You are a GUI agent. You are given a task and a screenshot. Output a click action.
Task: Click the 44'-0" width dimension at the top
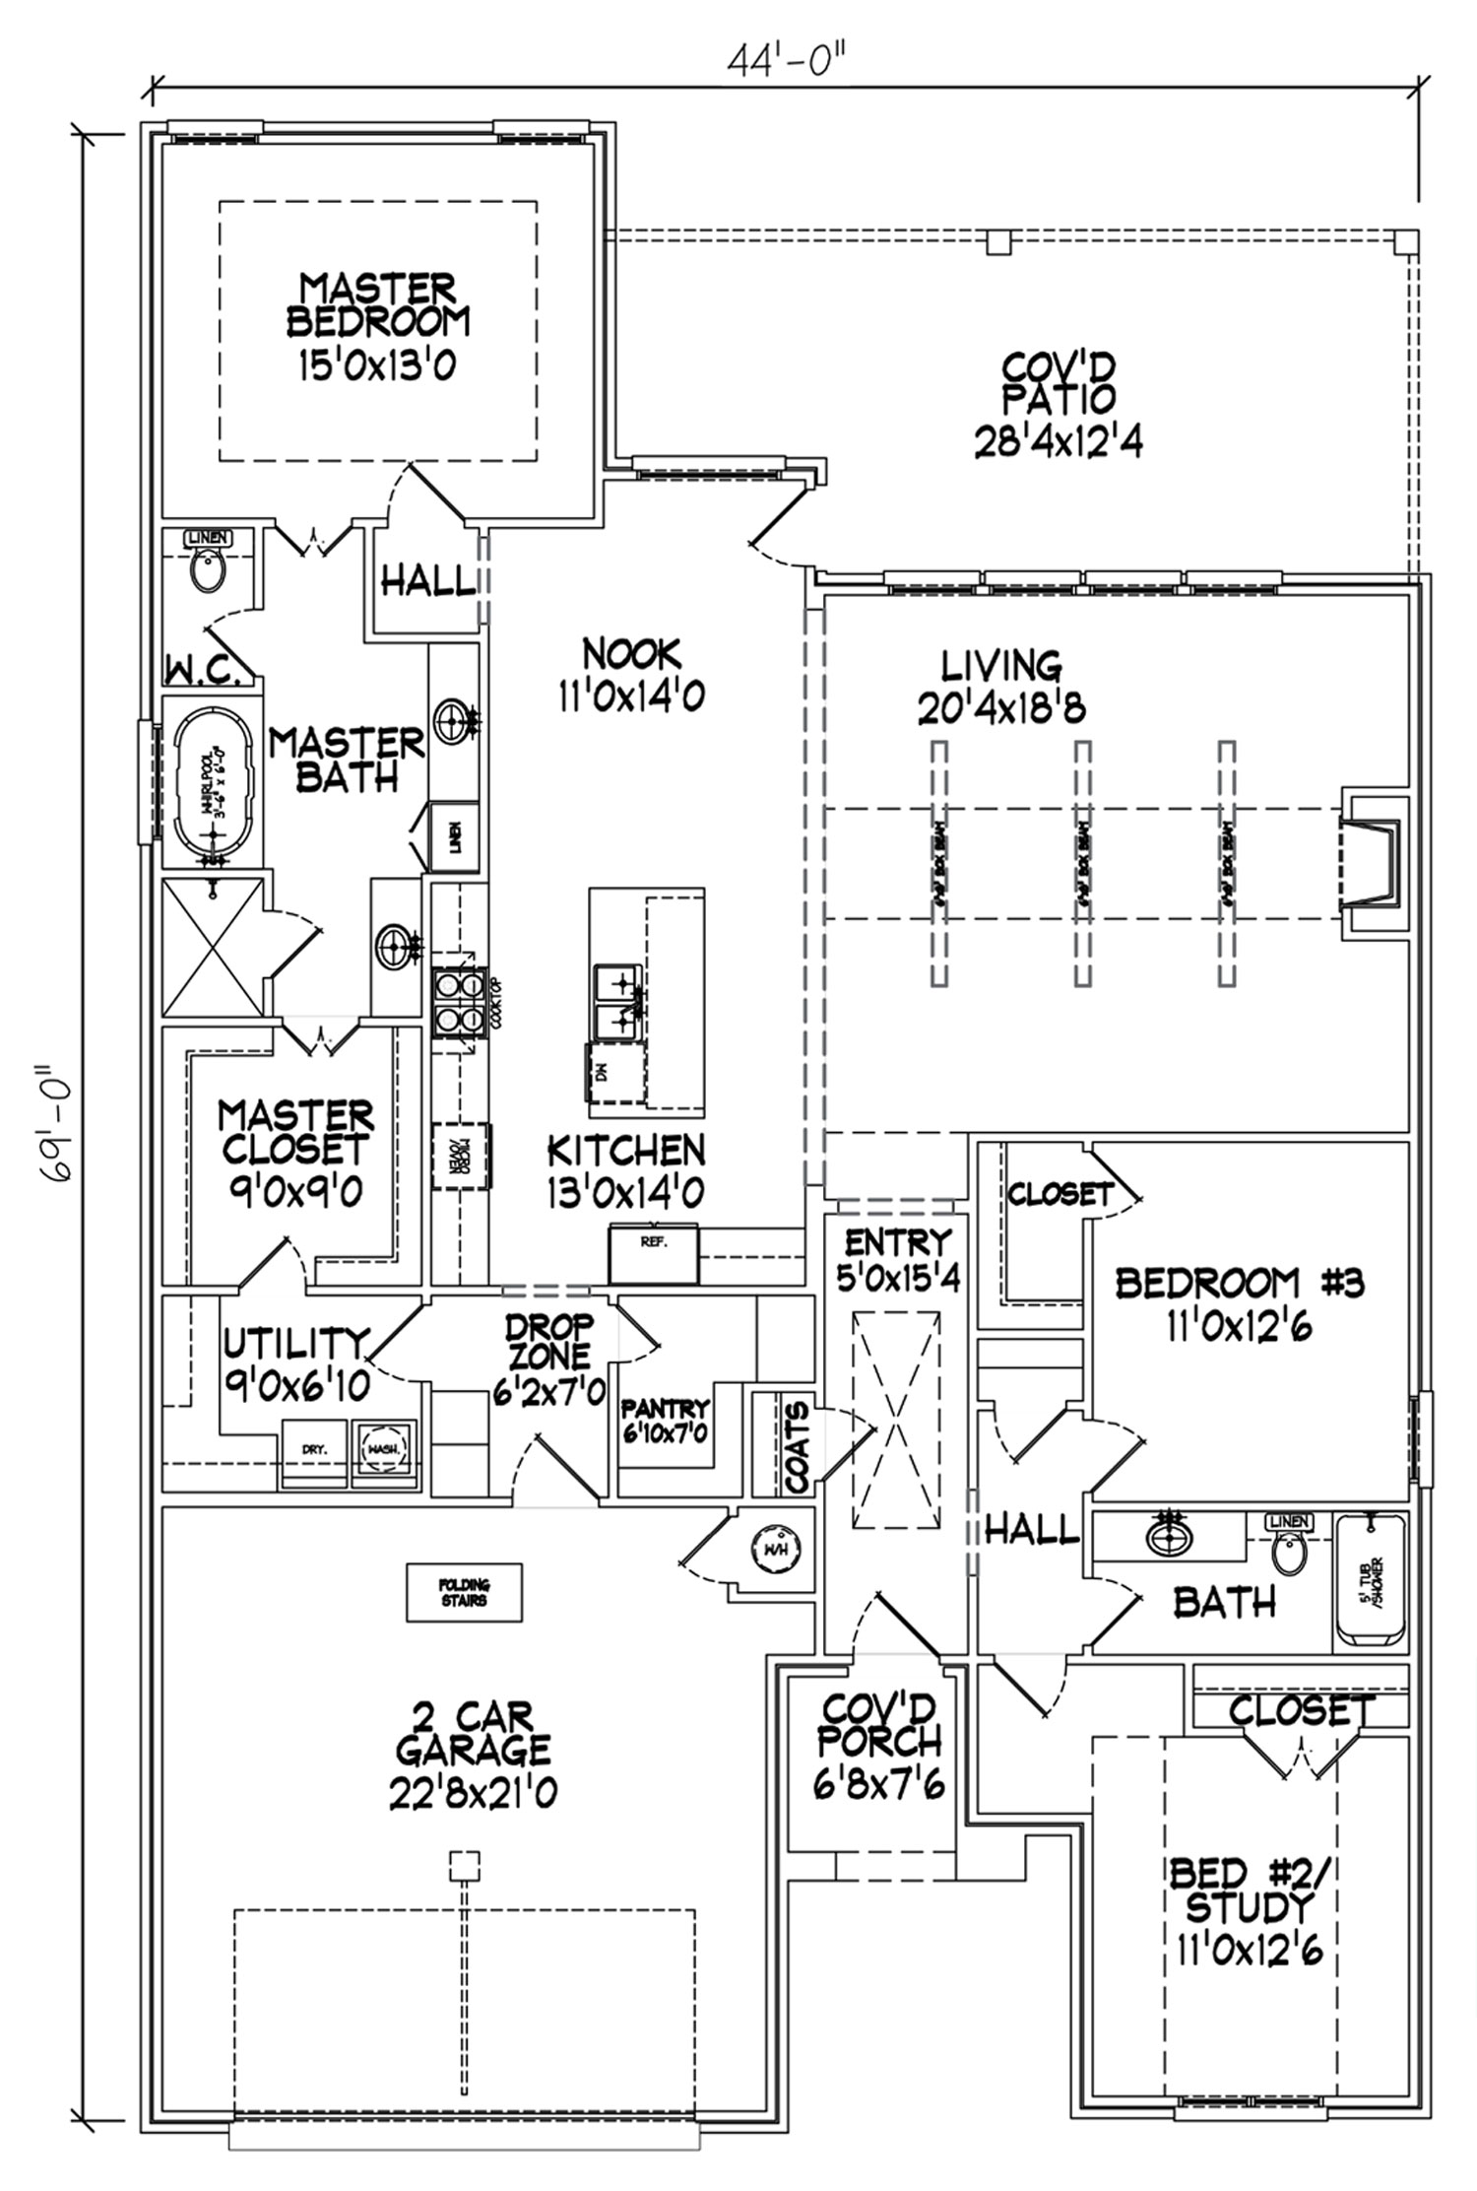pyautogui.click(x=787, y=61)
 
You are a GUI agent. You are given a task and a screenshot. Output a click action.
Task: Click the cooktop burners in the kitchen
pyautogui.click(x=458, y=1000)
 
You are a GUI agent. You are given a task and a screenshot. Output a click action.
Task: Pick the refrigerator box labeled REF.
pyautogui.click(x=654, y=1254)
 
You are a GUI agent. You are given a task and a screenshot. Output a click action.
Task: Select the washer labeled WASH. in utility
pyautogui.click(x=382, y=1450)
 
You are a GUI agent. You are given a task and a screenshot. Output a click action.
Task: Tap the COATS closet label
pyautogui.click(x=798, y=1446)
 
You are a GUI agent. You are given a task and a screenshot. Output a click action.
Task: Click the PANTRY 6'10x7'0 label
pyautogui.click(x=665, y=1420)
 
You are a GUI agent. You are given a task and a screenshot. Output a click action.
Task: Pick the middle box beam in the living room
pyautogui.click(x=1083, y=863)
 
